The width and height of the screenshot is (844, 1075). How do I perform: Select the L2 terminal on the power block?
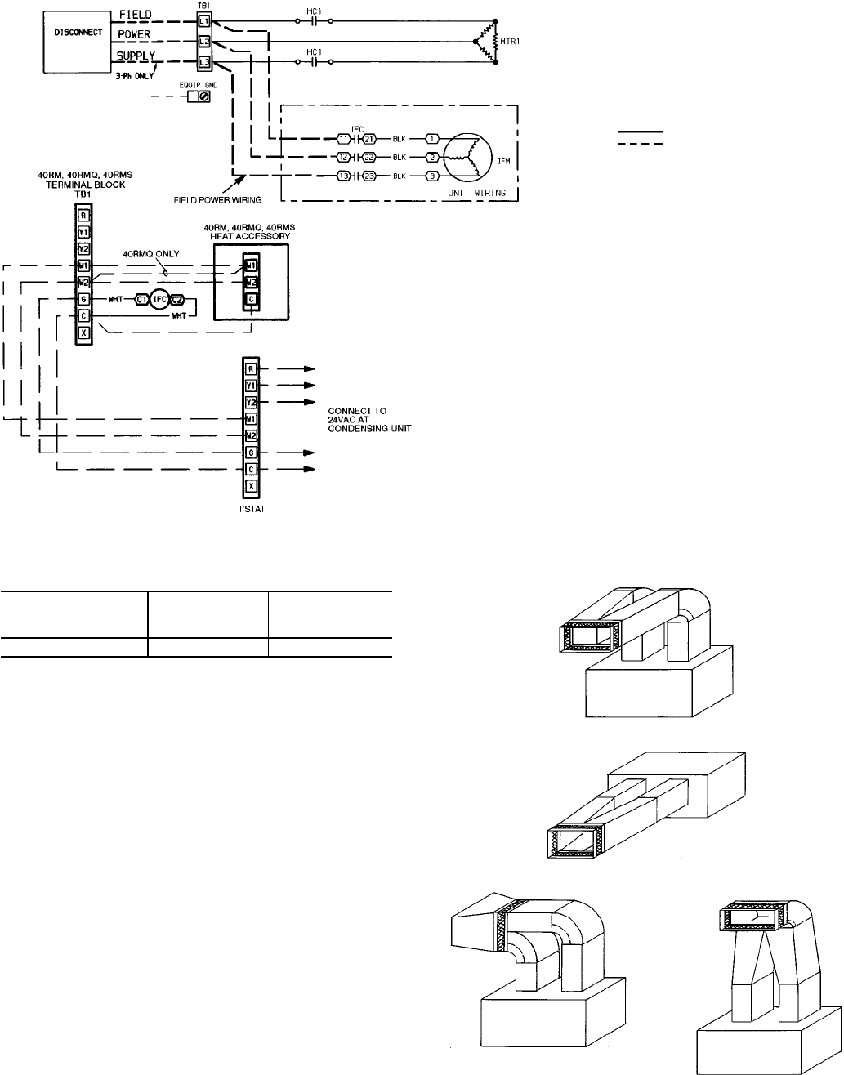click(204, 40)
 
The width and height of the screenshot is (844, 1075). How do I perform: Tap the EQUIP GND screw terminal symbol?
click(203, 96)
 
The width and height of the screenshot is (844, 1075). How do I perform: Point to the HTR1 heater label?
click(509, 39)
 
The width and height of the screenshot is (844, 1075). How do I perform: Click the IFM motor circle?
click(466, 156)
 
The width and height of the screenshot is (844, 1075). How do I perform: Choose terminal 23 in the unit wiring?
click(369, 175)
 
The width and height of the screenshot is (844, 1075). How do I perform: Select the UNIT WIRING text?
click(483, 193)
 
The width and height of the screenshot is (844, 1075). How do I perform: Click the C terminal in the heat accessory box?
click(250, 300)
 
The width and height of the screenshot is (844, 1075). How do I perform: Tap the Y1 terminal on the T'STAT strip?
click(251, 385)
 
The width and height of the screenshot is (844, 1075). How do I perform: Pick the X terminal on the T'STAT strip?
click(251, 486)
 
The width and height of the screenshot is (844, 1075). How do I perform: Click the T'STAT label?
click(250, 507)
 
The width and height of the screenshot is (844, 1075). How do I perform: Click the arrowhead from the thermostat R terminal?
click(310, 368)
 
